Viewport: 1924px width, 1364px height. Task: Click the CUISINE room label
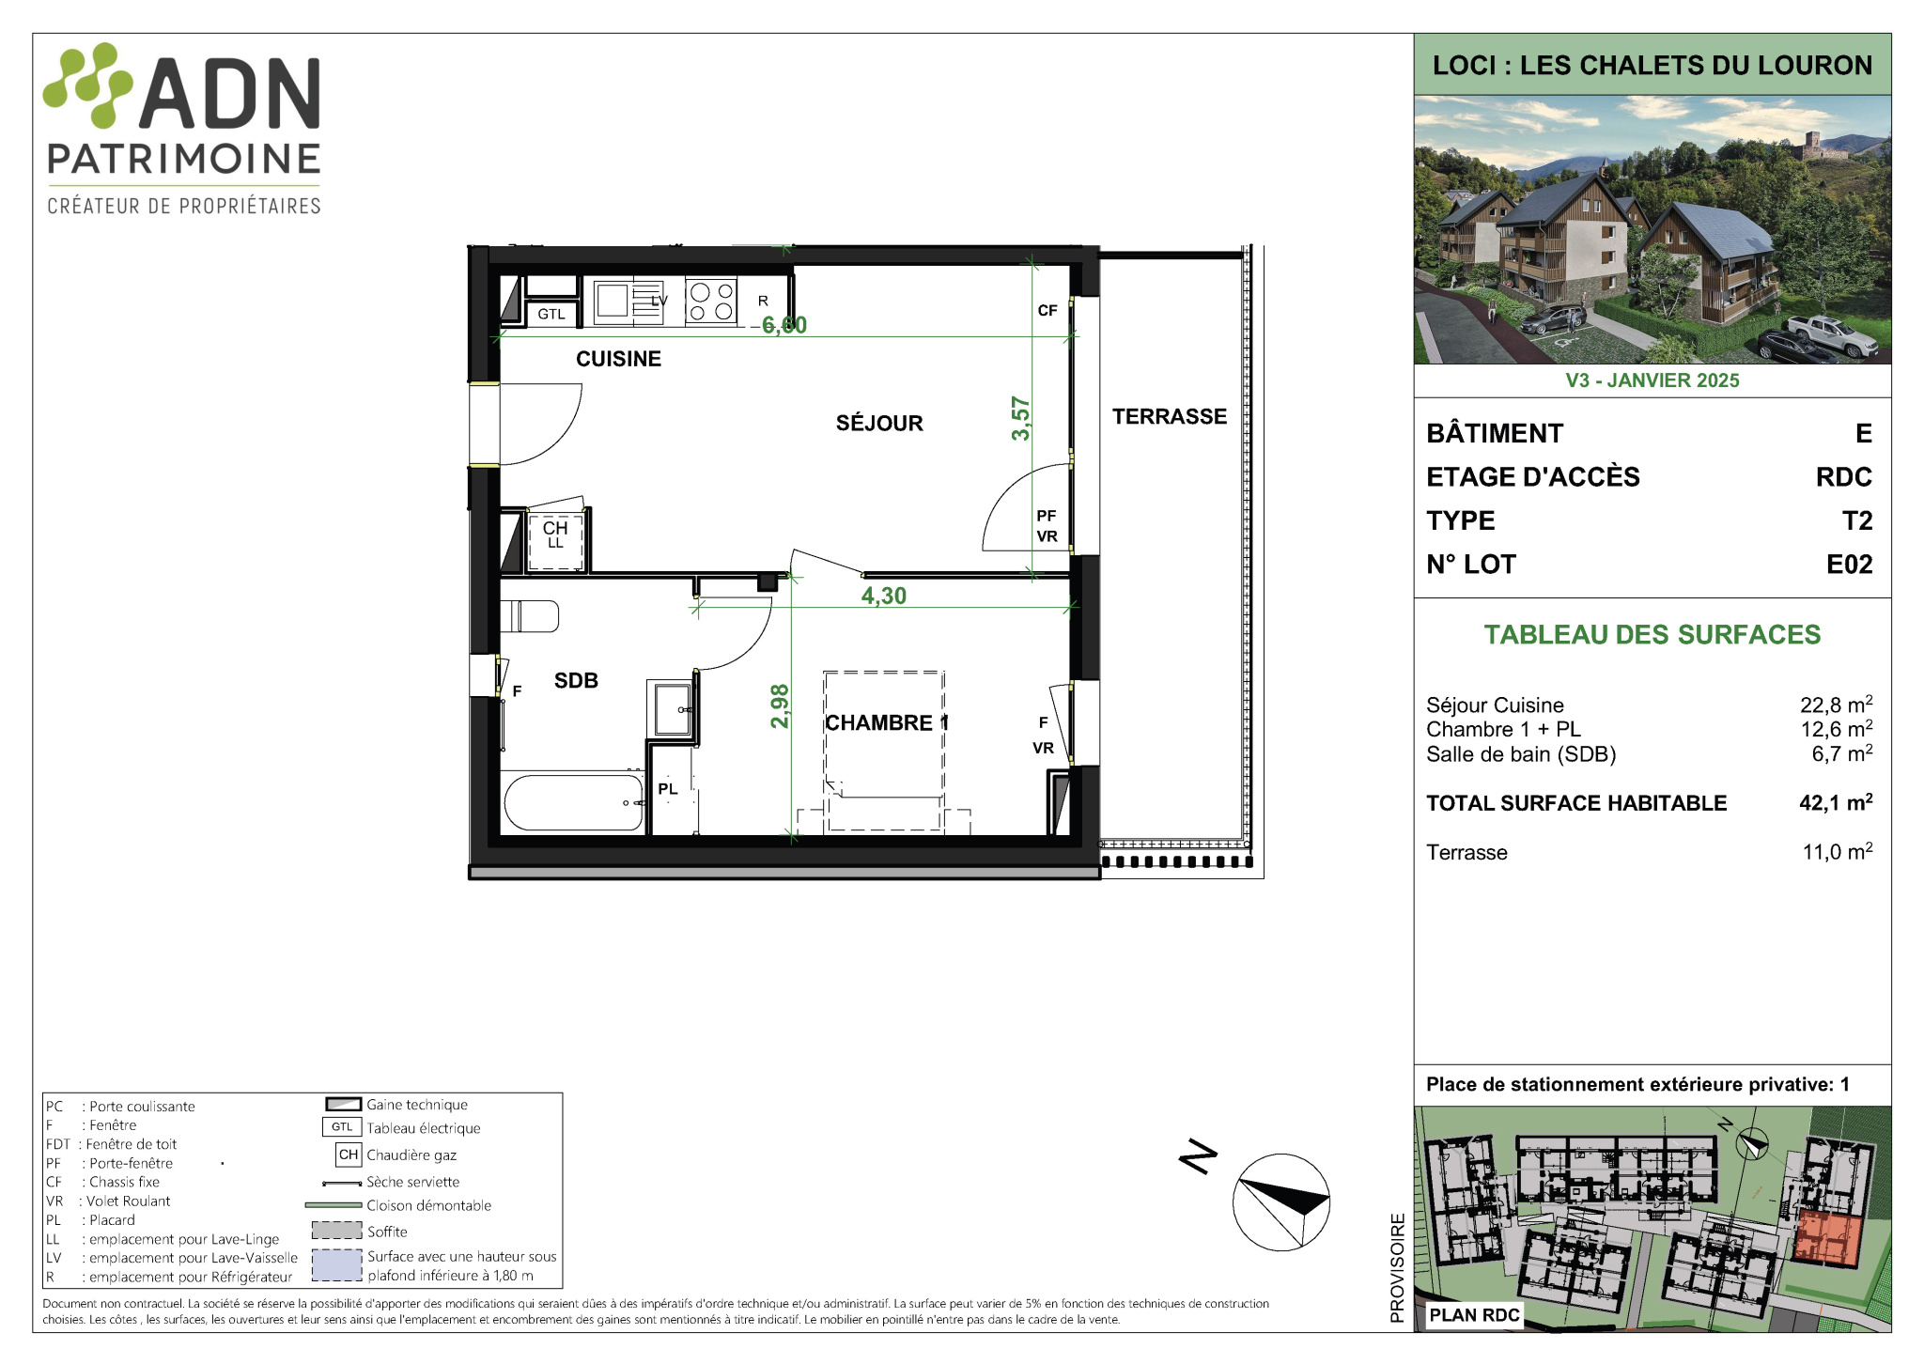(x=618, y=359)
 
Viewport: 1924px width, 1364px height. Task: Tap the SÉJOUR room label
(x=879, y=424)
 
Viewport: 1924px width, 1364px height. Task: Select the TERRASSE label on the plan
(x=1170, y=417)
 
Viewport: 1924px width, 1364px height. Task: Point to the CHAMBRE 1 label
(x=887, y=722)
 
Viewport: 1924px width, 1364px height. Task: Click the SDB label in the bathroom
(x=576, y=680)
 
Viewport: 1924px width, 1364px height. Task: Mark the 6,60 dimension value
(x=784, y=325)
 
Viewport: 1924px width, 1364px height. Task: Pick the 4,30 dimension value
(x=884, y=596)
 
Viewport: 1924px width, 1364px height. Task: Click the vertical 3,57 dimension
(x=1021, y=419)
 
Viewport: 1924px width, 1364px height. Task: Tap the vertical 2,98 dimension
(x=780, y=706)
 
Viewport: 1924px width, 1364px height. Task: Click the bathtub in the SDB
(x=574, y=802)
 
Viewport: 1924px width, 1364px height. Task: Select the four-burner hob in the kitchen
(x=711, y=302)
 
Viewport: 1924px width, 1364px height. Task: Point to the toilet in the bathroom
(x=530, y=616)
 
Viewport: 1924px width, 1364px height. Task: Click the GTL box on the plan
(x=551, y=315)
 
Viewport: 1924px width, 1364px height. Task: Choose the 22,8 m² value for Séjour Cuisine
(x=1837, y=705)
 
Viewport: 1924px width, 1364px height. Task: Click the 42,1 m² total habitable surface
(x=1837, y=802)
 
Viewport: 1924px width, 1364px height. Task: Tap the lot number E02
(x=1850, y=565)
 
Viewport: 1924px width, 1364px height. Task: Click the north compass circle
(x=1281, y=1201)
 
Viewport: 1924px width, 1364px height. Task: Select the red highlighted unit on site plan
(x=1827, y=1239)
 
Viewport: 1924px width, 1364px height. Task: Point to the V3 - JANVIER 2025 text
(x=1652, y=380)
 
